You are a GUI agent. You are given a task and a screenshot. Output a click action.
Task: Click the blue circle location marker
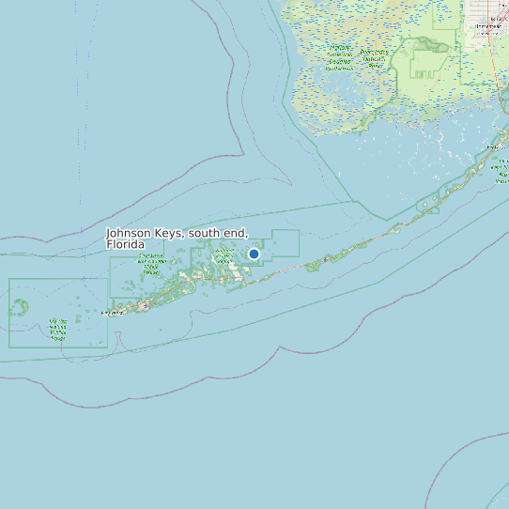coord(254,254)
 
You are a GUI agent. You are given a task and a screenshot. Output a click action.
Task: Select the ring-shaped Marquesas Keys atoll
coord(19,306)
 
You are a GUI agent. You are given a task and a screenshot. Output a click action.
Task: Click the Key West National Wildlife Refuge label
coord(57,329)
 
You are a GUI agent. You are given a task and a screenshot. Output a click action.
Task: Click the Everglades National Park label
coord(340,56)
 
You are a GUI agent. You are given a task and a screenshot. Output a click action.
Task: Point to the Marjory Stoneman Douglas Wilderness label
coord(373,58)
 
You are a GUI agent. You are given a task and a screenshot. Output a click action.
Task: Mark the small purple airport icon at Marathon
coord(326,258)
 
